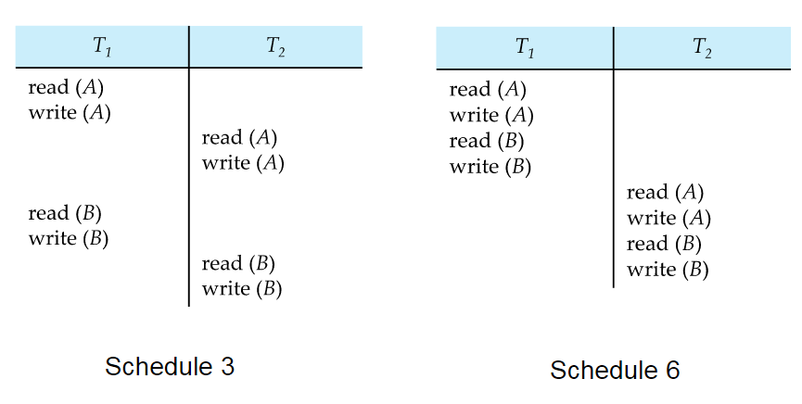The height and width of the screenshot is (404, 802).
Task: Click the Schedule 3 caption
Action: click(x=170, y=366)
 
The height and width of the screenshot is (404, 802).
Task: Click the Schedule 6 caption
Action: click(x=615, y=370)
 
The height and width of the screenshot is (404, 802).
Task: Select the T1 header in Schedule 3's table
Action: click(x=102, y=46)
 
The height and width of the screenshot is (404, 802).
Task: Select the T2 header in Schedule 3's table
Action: click(x=275, y=46)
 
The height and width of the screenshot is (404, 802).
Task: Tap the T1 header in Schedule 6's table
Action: click(x=524, y=48)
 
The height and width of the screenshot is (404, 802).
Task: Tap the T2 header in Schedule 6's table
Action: click(x=702, y=48)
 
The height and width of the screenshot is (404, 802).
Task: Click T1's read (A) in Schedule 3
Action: click(x=66, y=87)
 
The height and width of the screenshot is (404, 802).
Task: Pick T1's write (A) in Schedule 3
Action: click(x=70, y=112)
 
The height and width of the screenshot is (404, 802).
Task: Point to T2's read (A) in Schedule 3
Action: click(x=239, y=137)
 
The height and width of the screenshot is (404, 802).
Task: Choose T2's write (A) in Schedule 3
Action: click(x=243, y=163)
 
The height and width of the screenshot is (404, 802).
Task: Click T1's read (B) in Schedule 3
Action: click(x=65, y=213)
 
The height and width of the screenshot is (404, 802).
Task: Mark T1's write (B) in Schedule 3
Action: click(x=69, y=239)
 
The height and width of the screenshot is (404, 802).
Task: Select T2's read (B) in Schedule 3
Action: click(x=238, y=264)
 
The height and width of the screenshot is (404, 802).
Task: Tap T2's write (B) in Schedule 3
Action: click(x=242, y=289)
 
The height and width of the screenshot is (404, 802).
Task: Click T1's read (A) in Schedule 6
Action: click(x=488, y=90)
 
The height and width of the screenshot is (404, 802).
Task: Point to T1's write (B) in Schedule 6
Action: click(x=490, y=167)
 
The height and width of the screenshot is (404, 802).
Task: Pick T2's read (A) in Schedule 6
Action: click(x=666, y=193)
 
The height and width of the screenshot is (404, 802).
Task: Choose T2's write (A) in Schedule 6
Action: click(x=669, y=219)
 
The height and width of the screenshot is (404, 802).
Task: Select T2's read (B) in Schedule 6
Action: click(x=664, y=244)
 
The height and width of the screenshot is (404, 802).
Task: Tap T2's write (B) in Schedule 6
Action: click(x=668, y=270)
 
